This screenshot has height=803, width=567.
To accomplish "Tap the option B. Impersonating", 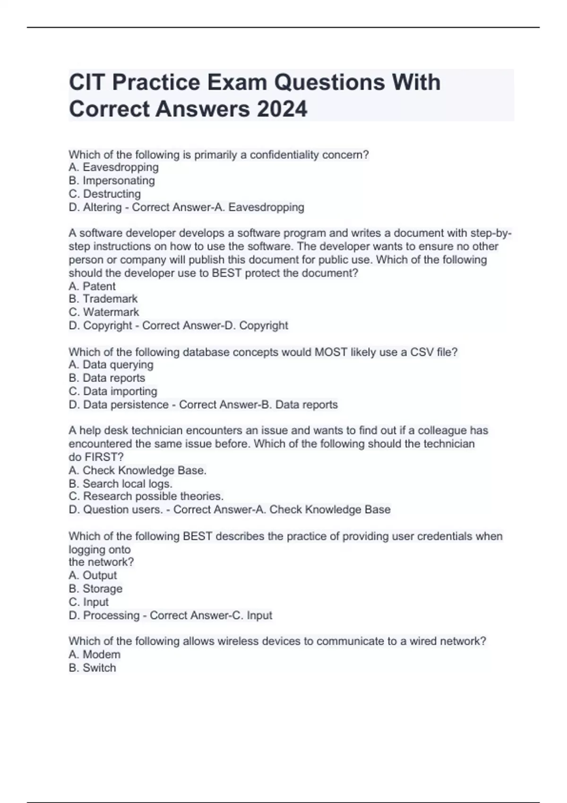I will coord(112,180).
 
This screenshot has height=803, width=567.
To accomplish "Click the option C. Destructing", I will coord(104,194).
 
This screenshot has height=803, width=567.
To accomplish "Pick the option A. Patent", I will coord(92,286).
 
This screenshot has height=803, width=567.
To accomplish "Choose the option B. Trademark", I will coord(103,299).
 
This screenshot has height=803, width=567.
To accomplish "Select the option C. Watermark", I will coord(104,312).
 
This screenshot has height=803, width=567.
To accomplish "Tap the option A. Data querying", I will coord(111,365).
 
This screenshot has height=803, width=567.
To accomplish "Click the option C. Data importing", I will coord(113,391).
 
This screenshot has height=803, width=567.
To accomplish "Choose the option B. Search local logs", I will coord(120,484).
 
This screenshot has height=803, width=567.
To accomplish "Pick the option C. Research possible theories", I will coord(146,496).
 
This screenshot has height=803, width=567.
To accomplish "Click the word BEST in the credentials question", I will coord(198,536).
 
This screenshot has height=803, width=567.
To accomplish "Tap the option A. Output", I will coord(93,575).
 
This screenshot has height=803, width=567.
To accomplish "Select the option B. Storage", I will coord(95,589).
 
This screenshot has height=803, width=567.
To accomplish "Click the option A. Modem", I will coord(94,654).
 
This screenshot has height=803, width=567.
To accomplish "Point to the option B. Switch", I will coord(92,667).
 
